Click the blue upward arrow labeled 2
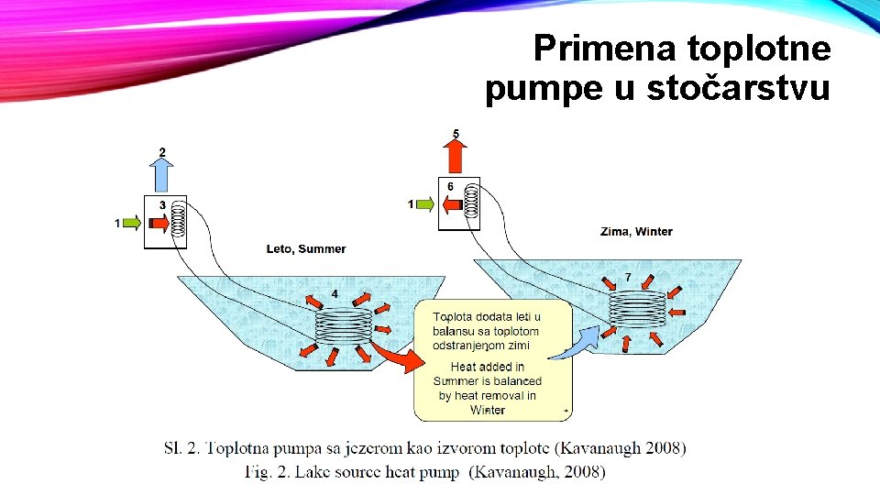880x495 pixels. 161,173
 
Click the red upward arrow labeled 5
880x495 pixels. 456,156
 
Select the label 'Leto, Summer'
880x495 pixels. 306,249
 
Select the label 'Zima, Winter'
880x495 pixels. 637,231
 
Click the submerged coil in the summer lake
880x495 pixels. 344,325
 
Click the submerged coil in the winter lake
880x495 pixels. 638,309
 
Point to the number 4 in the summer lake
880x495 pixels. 334,293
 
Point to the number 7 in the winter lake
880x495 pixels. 628,277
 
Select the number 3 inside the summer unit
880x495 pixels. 162,205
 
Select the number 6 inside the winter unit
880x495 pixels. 450,187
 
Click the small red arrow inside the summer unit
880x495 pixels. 157,223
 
